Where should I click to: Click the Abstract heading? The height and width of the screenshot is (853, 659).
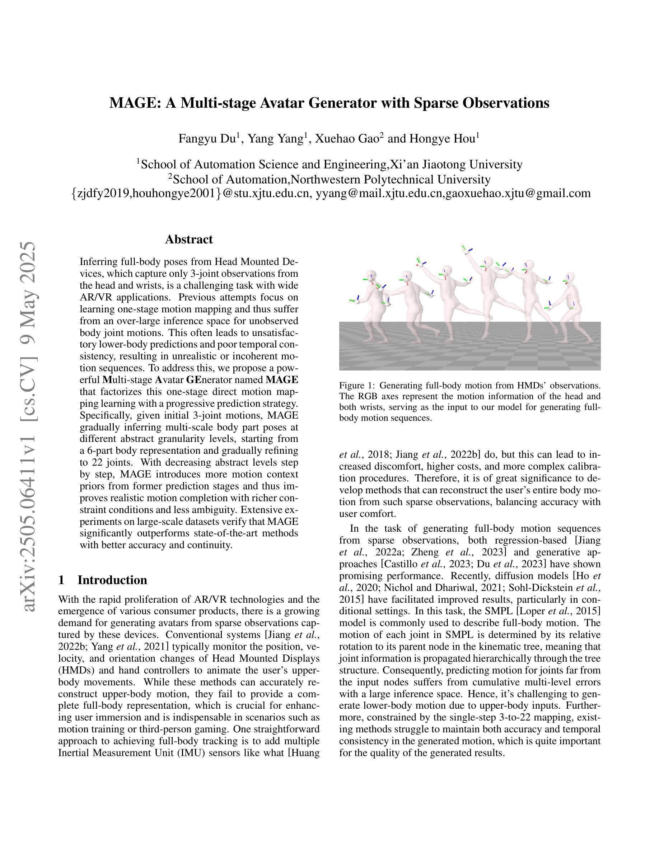pyautogui.click(x=189, y=239)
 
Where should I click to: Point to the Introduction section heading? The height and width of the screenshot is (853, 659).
pyautogui.click(x=112, y=580)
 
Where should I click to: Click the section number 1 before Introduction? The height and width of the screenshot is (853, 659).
pyautogui.click(x=61, y=580)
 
